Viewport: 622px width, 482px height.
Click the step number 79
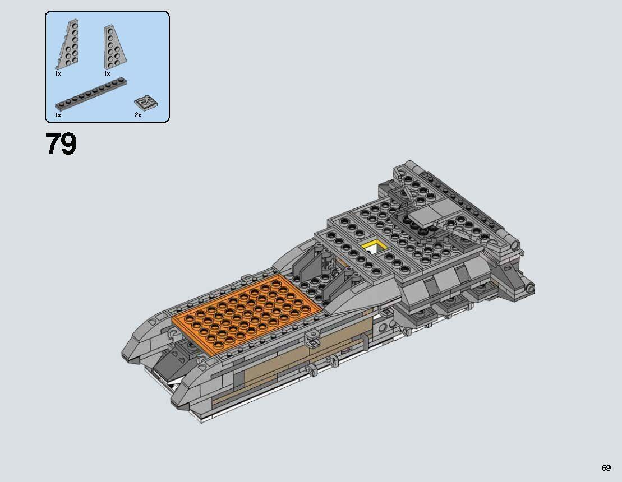pyautogui.click(x=61, y=144)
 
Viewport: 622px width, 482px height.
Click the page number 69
pyautogui.click(x=606, y=468)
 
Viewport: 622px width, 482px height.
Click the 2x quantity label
pyautogui.click(x=137, y=114)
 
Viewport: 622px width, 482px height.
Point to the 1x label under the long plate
pyautogui.click(x=58, y=114)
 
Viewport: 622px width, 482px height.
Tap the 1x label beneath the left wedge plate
pyautogui.click(x=58, y=73)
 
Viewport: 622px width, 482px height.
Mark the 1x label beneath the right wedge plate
pyautogui.click(x=107, y=73)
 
